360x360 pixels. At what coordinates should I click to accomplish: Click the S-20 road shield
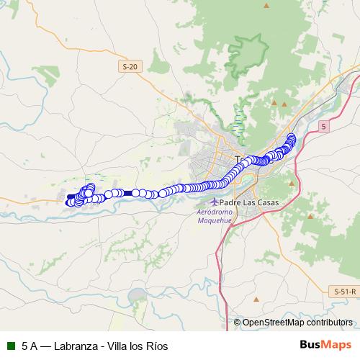coord(129,66)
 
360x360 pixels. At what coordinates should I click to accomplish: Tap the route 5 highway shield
coord(324,126)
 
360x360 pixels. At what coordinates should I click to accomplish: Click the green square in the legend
coord(11,346)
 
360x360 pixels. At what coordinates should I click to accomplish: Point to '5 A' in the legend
coord(30,346)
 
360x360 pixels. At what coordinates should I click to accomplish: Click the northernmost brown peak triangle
coord(266,6)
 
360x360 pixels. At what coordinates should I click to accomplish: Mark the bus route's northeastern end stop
coord(292,137)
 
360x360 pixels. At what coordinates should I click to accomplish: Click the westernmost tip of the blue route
coord(68,202)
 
